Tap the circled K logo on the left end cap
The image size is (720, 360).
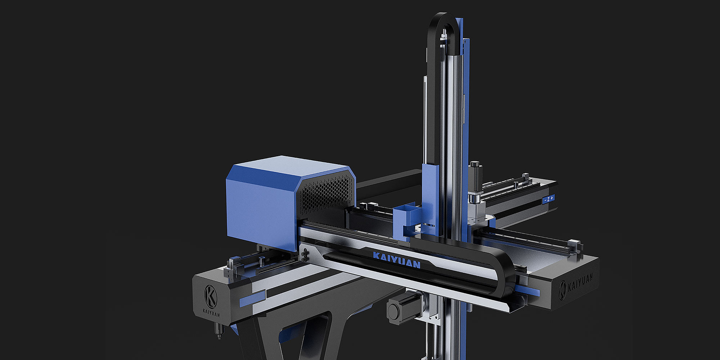(211, 296)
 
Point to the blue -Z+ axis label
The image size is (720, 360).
(549, 199)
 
